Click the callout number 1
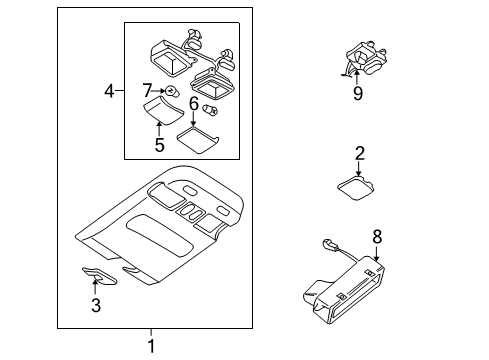pyautogui.click(x=151, y=346)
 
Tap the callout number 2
pyautogui.click(x=359, y=153)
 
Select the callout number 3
pyautogui.click(x=96, y=305)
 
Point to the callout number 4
pyautogui.click(x=109, y=91)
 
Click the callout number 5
pyautogui.click(x=160, y=145)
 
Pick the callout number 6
pyautogui.click(x=194, y=103)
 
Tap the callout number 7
pyautogui.click(x=147, y=90)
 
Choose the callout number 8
pyautogui.click(x=377, y=237)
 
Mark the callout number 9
pyautogui.click(x=358, y=93)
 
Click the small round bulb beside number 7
pyautogui.click(x=171, y=91)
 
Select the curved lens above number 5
pyautogui.click(x=163, y=110)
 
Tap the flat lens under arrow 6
pyautogui.click(x=198, y=140)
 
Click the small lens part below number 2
pyautogui.click(x=355, y=188)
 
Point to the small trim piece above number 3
pyautogui.click(x=99, y=276)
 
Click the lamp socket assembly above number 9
pyautogui.click(x=365, y=59)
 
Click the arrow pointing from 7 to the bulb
pyautogui.click(x=159, y=91)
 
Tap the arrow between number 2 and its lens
pyautogui.click(x=359, y=169)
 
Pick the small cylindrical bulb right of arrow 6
pyautogui.click(x=210, y=108)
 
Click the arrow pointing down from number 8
pyautogui.click(x=377, y=253)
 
